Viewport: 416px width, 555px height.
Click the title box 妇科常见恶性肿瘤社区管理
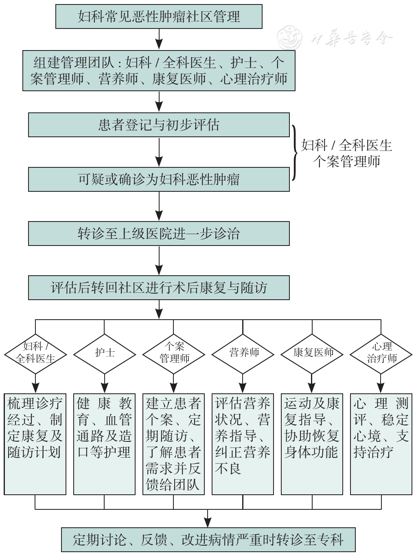pos(159,17)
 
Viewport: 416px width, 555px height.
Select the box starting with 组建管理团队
pos(159,70)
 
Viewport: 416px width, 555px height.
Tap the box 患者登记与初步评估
pos(159,125)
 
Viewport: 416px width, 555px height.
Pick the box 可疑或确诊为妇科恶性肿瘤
pos(159,179)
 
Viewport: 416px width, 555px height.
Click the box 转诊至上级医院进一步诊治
pos(159,234)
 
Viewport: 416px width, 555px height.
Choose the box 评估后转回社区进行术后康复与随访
pos(159,288)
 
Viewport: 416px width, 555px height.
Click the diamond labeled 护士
pos(105,353)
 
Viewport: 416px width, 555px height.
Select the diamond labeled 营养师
pos(243,353)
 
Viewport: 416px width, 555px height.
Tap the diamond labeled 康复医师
pos(312,353)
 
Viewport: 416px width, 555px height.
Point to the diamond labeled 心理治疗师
pos(381,353)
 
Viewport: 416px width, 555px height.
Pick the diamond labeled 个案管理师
pos(174,353)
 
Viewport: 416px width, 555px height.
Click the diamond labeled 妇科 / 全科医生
pos(35,353)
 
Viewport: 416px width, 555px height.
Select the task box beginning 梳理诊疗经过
pos(35,444)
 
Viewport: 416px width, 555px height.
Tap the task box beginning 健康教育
pos(104,444)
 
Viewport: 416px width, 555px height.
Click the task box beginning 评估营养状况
pos(243,444)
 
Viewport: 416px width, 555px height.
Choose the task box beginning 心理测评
pos(381,444)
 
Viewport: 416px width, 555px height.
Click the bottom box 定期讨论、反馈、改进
pos(208,540)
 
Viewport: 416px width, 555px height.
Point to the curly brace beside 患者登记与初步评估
pos(295,152)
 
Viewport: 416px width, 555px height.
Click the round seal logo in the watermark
pos(289,38)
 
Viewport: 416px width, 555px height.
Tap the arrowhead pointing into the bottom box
pos(208,523)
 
